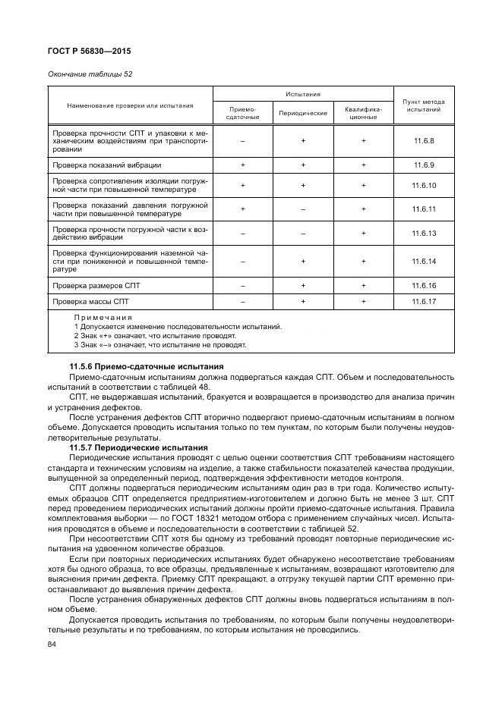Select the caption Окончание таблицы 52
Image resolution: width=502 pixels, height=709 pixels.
[85, 74]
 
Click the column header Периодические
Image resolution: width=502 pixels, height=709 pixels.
[303, 113]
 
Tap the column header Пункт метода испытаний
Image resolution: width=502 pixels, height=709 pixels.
[423, 105]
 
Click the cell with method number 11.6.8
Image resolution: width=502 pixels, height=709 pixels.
[423, 141]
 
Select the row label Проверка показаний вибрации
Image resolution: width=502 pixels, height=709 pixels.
[106, 165]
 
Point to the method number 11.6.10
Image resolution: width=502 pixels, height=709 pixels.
[423, 186]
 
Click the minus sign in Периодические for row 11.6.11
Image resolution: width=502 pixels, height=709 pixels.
[303, 209]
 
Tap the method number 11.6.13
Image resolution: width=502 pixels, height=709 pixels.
[423, 233]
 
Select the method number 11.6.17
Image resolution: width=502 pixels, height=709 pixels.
[423, 302]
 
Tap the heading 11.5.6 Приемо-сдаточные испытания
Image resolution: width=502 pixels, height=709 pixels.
[137, 368]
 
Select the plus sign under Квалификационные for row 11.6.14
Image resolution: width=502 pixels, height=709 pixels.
[363, 261]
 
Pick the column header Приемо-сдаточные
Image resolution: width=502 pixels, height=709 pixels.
[243, 113]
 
